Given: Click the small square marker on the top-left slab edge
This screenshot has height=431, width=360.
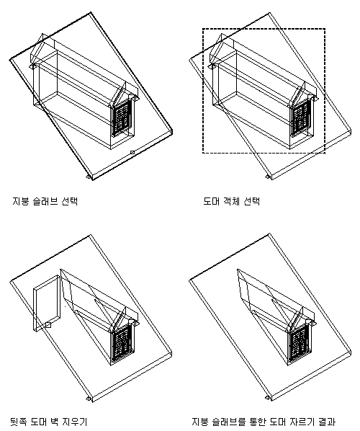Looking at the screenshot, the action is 132,152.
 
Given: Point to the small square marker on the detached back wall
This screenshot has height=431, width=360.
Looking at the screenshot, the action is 48,325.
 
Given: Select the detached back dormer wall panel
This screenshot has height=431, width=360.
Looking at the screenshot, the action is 47,303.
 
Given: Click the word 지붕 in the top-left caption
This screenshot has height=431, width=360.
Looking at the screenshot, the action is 21,201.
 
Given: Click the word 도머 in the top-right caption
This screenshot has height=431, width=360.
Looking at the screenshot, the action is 212,201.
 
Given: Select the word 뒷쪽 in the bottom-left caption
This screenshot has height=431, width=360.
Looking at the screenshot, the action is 18,422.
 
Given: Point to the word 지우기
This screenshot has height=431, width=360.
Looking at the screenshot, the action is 76,422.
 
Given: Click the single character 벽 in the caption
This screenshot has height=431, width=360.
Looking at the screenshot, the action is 55,422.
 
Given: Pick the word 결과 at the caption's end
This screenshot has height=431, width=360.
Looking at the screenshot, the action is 327,422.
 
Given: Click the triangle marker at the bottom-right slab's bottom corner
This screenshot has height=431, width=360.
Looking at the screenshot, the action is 267,398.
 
